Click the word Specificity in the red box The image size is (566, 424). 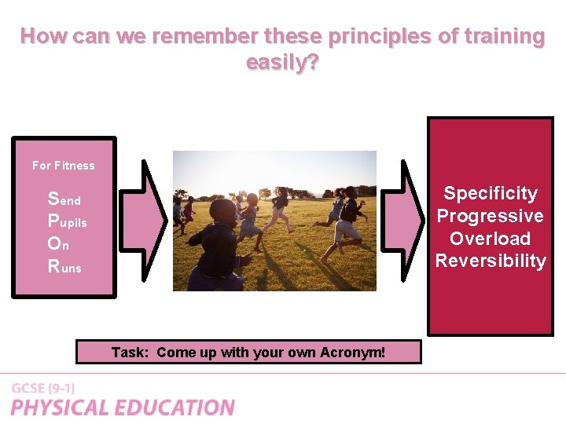click(x=491, y=193)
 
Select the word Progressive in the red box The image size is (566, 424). click(x=491, y=216)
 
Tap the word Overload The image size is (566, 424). click(x=491, y=239)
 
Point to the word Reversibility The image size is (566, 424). click(x=491, y=261)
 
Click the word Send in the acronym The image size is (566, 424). click(x=64, y=199)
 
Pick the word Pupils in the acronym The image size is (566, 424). click(x=68, y=221)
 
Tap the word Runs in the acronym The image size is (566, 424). click(x=64, y=267)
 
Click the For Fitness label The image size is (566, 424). click(x=63, y=166)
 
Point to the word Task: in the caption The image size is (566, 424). click(x=129, y=353)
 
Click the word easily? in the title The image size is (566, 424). click(x=282, y=62)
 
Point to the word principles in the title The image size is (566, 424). click(x=372, y=36)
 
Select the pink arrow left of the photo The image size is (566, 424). click(x=154, y=220)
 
